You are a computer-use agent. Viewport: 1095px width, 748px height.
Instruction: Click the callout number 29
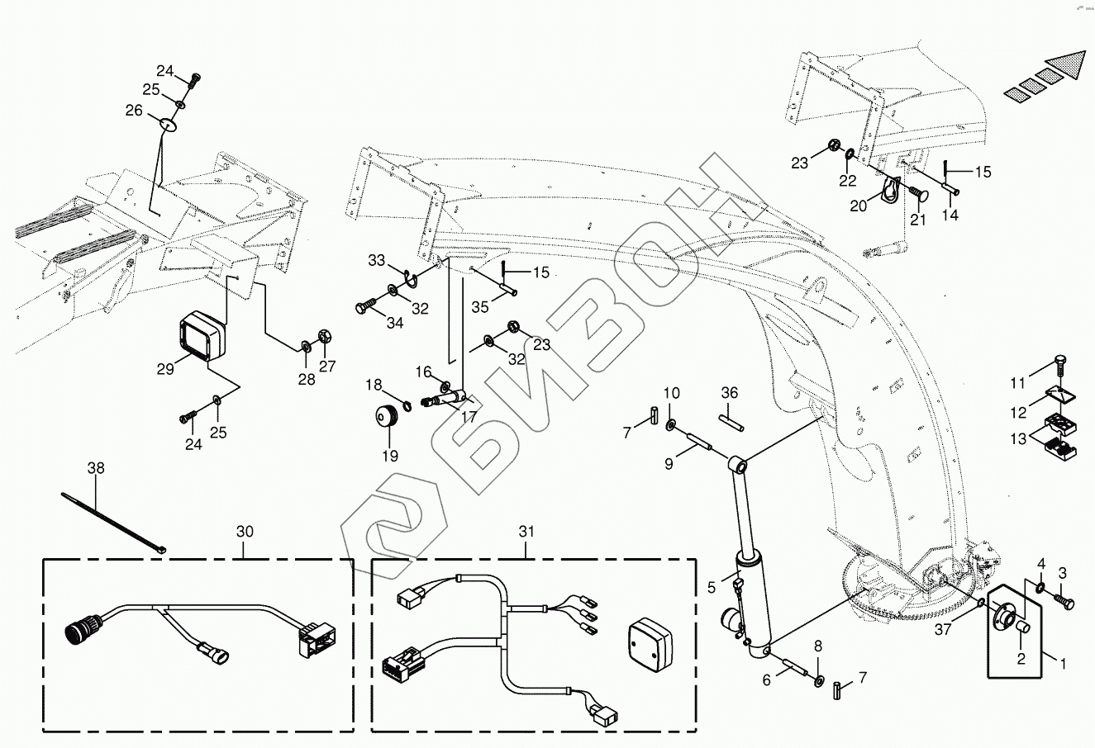click(165, 369)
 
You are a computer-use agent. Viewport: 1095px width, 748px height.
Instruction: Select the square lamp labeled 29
click(202, 337)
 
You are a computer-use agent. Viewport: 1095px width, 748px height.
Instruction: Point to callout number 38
click(97, 468)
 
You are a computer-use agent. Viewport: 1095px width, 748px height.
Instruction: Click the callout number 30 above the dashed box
click(245, 532)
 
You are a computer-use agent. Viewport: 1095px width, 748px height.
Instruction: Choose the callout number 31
click(527, 532)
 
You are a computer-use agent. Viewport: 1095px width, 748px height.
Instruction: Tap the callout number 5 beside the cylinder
click(711, 589)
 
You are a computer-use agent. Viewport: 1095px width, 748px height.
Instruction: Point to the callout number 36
click(728, 392)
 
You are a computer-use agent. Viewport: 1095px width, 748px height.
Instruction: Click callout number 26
click(134, 110)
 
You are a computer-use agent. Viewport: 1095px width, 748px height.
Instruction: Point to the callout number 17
click(469, 418)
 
